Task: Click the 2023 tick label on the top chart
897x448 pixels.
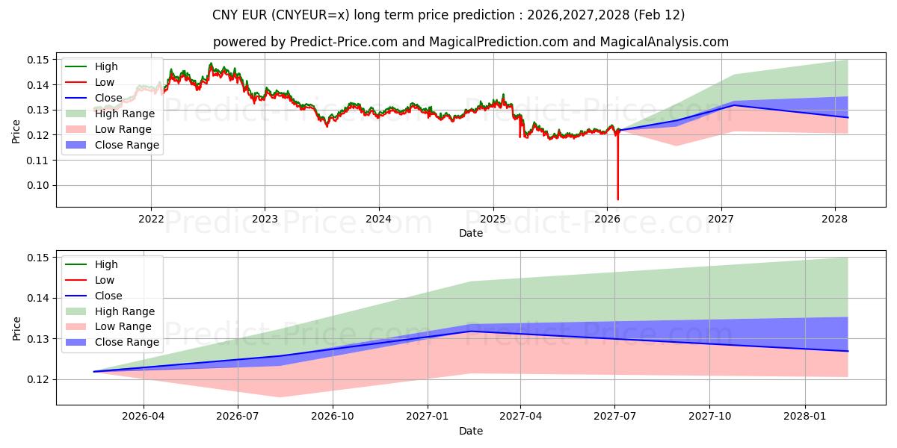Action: [265, 218]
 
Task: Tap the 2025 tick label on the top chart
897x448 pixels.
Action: [493, 218]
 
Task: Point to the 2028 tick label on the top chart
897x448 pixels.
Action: [835, 218]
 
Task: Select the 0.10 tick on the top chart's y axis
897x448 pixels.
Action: [38, 185]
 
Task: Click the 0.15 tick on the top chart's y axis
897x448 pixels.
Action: [38, 60]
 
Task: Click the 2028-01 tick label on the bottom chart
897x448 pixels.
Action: [805, 416]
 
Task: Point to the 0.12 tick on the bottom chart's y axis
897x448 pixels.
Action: [38, 379]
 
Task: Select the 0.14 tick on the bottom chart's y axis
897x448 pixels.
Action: [38, 298]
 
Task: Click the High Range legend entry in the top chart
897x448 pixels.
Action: [125, 113]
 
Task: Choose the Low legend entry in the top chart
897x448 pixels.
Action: [105, 82]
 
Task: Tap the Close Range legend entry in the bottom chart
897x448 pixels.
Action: [127, 342]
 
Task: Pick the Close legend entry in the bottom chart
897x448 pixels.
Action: [108, 296]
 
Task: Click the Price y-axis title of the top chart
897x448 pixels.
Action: [16, 132]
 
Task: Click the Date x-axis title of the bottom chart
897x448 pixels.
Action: [471, 431]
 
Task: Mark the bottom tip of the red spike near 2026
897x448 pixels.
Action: [618, 199]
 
